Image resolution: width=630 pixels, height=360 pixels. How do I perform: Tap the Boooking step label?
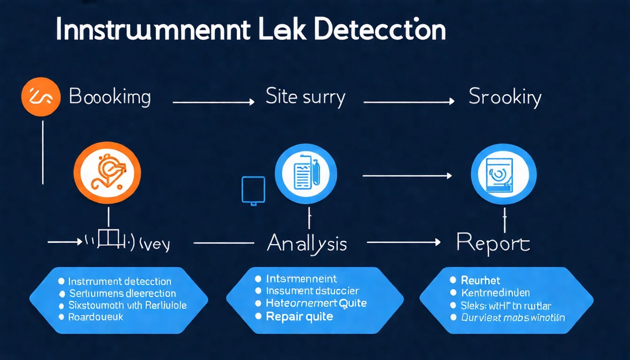pos(110,97)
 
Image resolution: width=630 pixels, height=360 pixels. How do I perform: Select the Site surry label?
pos(305,97)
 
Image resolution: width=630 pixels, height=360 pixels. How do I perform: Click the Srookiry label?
pos(505,97)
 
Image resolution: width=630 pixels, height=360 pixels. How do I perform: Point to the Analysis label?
pos(307,244)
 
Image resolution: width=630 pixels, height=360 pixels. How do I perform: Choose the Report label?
pos(493,244)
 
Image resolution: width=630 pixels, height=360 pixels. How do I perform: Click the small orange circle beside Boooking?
pos(41,97)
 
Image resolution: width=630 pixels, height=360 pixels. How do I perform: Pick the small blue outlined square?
pos(253,190)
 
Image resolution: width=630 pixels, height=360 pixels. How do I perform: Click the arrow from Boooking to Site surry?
pos(213,101)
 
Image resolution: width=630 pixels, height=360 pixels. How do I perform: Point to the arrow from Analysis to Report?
pos(404,242)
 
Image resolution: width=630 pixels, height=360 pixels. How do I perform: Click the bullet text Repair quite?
pos(299,316)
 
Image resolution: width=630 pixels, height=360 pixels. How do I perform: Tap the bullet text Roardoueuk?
pos(96,317)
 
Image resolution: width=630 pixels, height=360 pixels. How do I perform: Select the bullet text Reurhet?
pos(480,280)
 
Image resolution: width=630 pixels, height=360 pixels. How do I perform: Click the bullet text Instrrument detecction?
pos(120,281)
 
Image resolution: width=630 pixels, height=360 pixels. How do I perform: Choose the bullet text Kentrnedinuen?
pos(495,293)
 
